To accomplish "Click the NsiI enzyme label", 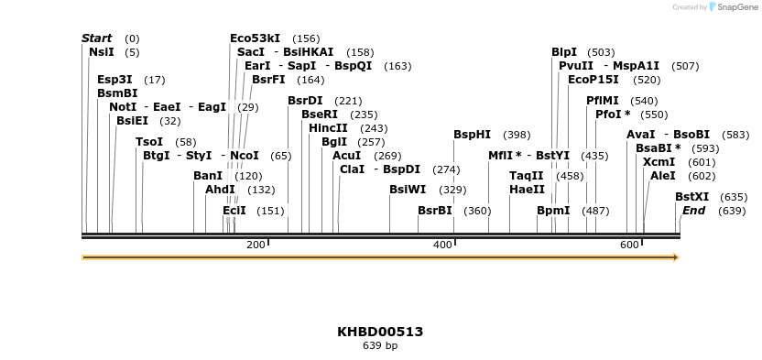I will point(101,52).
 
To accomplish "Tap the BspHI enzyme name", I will point(472,135).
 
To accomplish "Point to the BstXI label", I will point(691,197).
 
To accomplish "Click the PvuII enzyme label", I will point(576,66).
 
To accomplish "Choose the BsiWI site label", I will point(408,190).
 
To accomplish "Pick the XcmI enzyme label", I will point(659,162).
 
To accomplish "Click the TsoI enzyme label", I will point(149,142).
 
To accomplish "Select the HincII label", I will point(328,128).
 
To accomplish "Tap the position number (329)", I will point(452,190).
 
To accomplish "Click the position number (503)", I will point(601,52).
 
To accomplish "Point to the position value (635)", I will point(734,197).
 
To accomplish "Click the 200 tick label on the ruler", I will point(256,245).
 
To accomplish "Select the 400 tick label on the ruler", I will point(442,245).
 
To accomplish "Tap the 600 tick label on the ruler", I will point(629,245).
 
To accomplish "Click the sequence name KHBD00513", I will point(380,332).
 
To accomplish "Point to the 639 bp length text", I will point(380,346).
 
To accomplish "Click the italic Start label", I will point(97,38).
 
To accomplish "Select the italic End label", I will point(693,211).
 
